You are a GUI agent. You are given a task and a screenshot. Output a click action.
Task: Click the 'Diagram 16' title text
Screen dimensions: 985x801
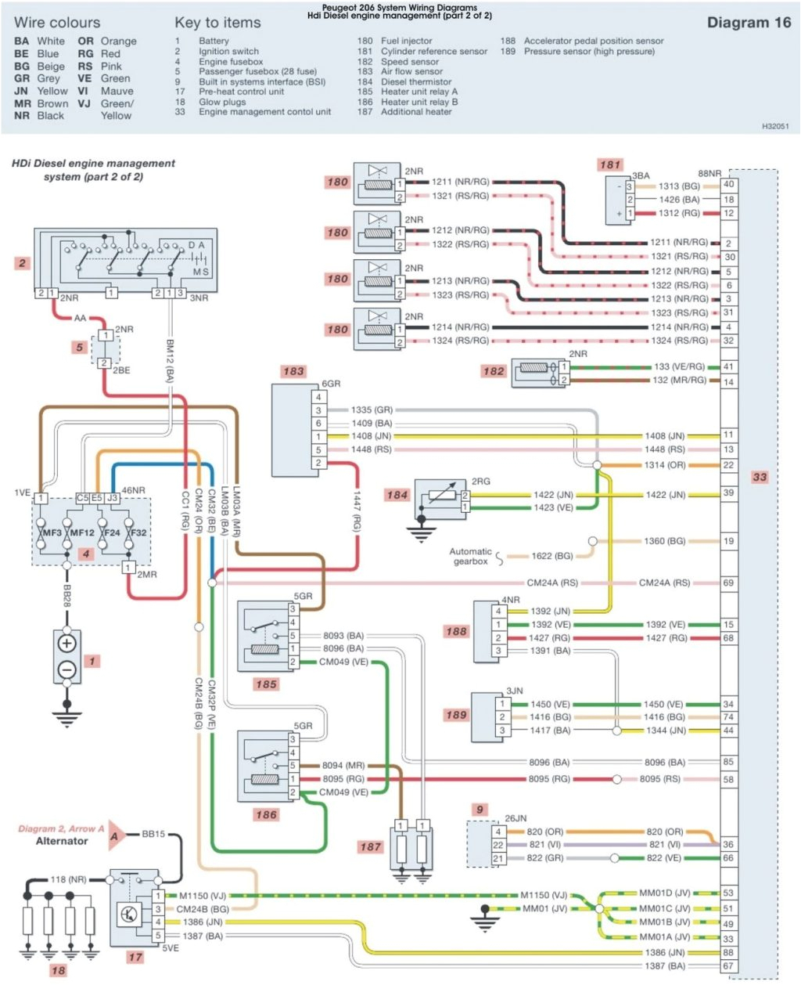pos(749,23)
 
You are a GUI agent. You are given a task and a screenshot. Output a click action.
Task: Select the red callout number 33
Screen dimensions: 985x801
pos(759,477)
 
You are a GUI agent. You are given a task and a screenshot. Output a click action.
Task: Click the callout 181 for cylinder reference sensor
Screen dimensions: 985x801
pos(609,164)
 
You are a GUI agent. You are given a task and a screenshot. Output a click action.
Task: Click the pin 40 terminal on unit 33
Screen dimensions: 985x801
pos(728,185)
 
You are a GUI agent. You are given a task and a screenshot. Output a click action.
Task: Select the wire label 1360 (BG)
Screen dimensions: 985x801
pos(664,541)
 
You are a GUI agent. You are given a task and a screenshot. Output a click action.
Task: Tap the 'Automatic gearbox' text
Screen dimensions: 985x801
pos(470,556)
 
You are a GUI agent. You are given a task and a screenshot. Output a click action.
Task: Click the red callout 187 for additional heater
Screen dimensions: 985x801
pos(370,846)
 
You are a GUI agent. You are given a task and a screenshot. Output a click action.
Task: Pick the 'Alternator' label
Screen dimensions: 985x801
pos(62,841)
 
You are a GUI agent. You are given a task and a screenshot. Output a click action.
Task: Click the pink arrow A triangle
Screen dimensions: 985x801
pos(117,835)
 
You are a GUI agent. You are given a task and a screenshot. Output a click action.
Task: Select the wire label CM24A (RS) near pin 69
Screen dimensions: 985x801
pos(664,583)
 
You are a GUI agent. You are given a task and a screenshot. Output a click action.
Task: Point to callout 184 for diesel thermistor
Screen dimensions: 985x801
pos(397,494)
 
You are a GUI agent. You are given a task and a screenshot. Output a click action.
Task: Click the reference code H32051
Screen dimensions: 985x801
pos(775,125)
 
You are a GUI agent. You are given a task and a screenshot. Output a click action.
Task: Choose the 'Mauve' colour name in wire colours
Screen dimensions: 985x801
pos(117,91)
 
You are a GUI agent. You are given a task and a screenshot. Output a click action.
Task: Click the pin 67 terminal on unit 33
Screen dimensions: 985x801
pos(728,966)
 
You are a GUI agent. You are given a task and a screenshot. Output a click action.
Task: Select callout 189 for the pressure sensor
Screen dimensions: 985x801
pos(456,715)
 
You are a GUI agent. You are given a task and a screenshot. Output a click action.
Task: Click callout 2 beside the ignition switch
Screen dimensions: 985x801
pos(22,263)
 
